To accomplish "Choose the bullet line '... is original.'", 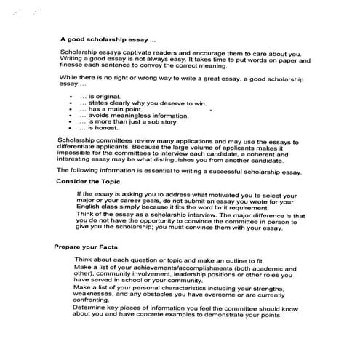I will tap(105, 96).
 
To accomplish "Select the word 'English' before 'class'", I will tap(88, 209).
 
